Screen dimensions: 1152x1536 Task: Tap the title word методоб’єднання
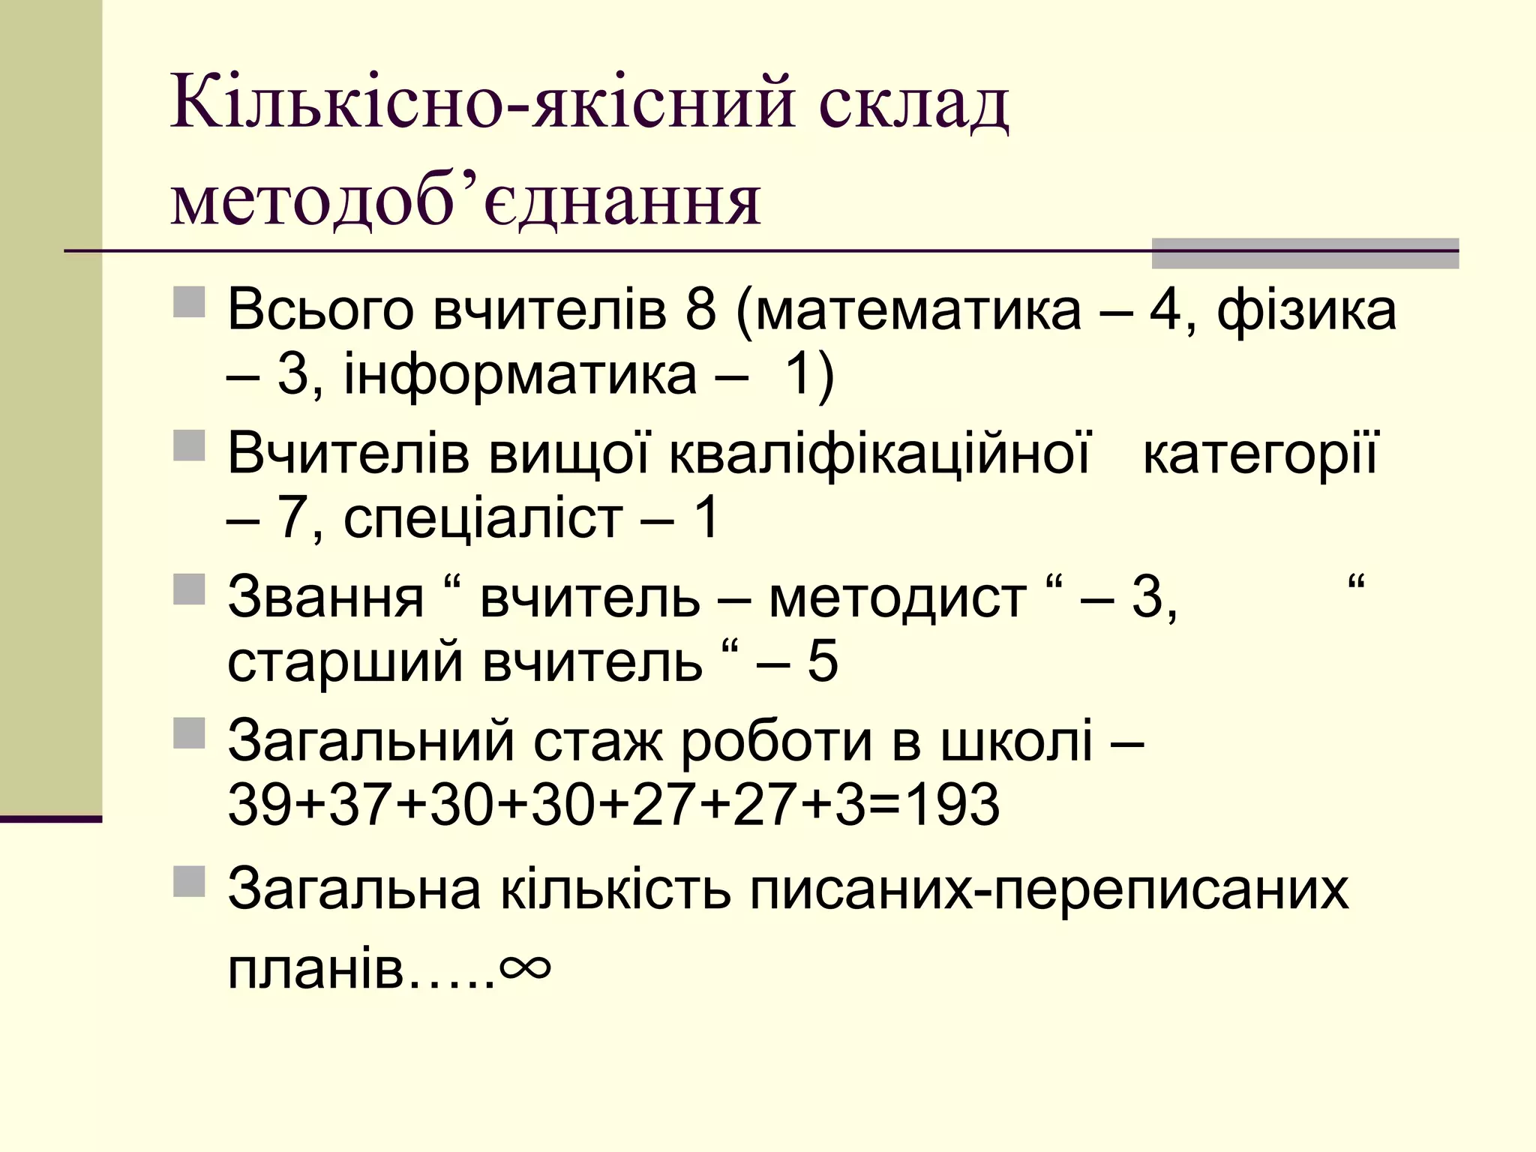(466, 201)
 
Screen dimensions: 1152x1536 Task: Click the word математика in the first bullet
(919, 309)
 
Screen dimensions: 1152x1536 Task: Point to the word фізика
(1306, 309)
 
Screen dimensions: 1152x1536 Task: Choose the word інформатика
(520, 374)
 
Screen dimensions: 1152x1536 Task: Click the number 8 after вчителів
(700, 309)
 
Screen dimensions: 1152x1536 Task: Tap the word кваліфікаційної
(879, 453)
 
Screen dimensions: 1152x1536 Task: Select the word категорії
(1260, 454)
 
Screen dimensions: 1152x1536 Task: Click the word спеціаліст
(483, 518)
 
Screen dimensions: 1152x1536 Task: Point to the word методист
(898, 598)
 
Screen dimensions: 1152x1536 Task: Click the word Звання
(325, 598)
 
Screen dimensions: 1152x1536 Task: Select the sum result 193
(952, 805)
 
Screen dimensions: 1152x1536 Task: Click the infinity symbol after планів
(525, 967)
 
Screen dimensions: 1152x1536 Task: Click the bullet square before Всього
(189, 301)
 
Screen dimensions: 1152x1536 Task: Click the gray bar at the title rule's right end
(1304, 253)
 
